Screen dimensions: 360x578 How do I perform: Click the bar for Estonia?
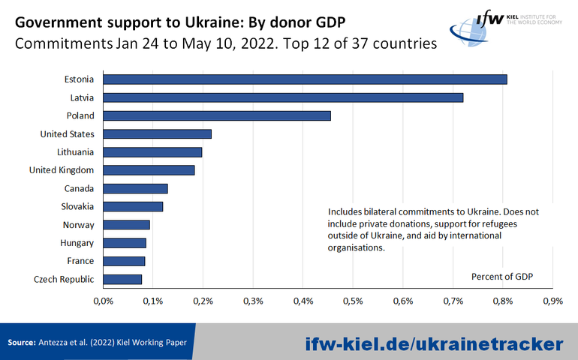(304, 79)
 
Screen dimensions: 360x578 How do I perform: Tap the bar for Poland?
(216, 115)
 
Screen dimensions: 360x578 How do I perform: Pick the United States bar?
(157, 133)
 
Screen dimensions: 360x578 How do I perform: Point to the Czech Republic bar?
(122, 279)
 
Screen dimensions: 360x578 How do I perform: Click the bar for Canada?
(135, 188)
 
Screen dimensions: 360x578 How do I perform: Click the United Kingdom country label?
(62, 170)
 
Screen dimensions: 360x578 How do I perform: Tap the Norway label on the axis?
(78, 225)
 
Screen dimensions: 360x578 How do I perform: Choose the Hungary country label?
(77, 243)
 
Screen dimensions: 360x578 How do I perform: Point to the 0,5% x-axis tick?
(353, 301)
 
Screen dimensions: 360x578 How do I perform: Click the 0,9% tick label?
(552, 301)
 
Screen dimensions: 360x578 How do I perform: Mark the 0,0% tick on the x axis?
(102, 301)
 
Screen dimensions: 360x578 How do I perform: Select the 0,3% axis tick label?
(253, 301)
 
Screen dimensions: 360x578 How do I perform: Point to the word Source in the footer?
(22, 343)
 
